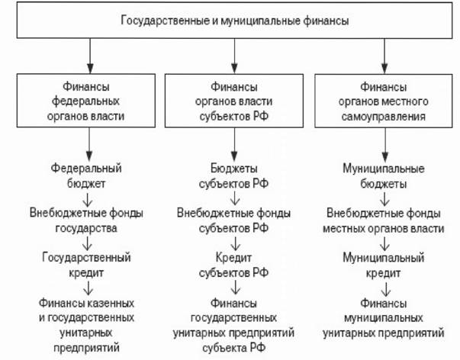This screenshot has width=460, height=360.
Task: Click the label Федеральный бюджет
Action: tap(86, 175)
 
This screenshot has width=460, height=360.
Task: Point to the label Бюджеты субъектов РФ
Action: tap(233, 175)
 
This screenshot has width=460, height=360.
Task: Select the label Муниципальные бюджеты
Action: tap(384, 176)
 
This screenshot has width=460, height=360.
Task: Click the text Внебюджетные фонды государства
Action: tap(86, 220)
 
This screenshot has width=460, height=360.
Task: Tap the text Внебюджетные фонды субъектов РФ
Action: tap(233, 220)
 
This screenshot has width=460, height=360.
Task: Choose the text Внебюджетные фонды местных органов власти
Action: tap(384, 220)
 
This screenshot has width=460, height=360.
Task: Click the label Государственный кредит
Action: tap(86, 265)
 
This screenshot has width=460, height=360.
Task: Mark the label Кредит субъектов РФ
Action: tap(233, 265)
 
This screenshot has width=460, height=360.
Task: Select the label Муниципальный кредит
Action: tap(384, 265)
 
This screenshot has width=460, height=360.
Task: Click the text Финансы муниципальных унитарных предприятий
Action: tap(384, 318)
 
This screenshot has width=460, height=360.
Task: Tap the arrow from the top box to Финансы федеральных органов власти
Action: tap(90, 56)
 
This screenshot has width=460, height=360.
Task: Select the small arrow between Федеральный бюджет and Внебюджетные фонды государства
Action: tap(88, 199)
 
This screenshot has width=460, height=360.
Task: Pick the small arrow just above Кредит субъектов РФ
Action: tap(235, 243)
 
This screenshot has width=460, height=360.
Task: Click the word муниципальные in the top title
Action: tap(260, 21)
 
